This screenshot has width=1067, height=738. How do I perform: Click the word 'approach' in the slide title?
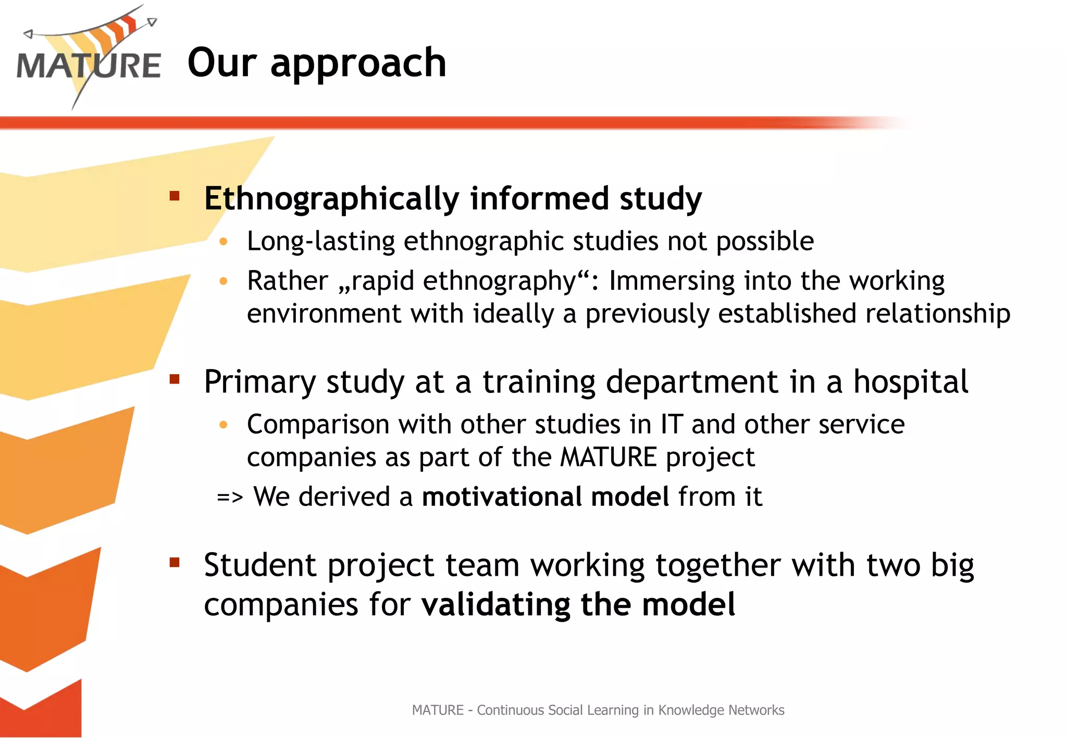coord(358,63)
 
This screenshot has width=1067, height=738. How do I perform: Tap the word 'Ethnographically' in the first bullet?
coord(331,199)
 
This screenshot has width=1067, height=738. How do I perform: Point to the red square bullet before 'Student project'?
coord(175,562)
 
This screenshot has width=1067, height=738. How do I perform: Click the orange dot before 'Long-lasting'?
coord(224,241)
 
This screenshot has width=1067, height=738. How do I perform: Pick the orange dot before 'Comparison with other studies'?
coord(224,425)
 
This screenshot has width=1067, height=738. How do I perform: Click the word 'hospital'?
coord(911,382)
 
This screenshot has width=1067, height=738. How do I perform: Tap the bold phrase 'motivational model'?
coord(545,497)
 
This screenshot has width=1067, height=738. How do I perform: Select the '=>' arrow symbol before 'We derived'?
coord(230,498)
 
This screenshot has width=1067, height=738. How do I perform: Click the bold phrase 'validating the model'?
coord(578,605)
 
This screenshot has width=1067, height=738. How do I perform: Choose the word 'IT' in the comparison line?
coord(672,424)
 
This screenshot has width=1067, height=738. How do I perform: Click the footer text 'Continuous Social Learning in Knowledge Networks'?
coord(630,710)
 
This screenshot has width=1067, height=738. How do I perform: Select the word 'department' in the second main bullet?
coord(692,382)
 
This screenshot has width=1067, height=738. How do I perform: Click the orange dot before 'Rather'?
coord(224,282)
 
